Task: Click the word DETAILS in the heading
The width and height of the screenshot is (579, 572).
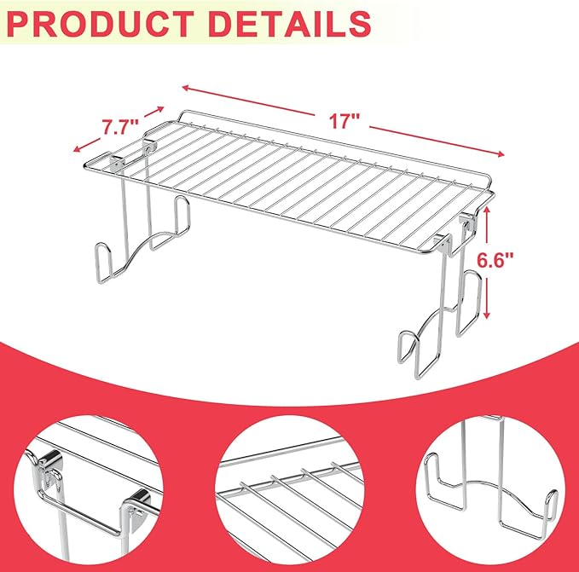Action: coord(290,24)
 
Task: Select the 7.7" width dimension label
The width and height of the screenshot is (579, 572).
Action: coord(120,127)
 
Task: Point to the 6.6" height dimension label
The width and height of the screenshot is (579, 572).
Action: coord(495,260)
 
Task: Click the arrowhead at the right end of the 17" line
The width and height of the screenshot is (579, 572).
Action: coord(501,154)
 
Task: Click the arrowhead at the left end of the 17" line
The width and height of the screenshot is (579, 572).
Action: coord(186,88)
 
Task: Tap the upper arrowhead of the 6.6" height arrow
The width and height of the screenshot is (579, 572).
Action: coord(487,210)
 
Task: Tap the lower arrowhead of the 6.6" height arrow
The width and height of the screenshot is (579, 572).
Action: coord(487,315)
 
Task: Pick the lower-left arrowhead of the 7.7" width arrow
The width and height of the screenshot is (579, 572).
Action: coord(77,148)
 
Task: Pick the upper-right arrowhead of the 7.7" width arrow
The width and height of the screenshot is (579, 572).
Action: coord(160,108)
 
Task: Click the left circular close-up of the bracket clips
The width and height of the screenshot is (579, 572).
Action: coord(89,489)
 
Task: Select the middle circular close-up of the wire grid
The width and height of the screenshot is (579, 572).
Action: coord(290,489)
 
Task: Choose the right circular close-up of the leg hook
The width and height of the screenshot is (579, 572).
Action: coord(490,489)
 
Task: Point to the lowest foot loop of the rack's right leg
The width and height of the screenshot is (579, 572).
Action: coord(408,347)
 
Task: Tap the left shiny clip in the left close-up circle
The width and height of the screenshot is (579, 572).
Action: coord(49,465)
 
